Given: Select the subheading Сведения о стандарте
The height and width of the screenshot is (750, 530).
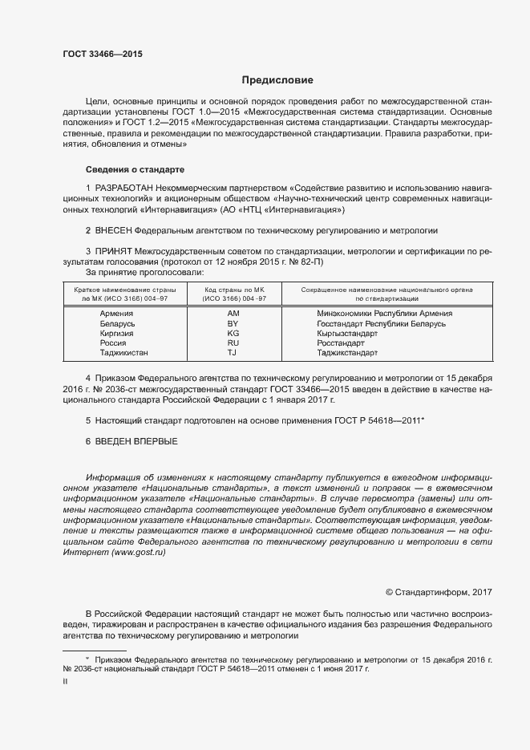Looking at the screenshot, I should point(135,170).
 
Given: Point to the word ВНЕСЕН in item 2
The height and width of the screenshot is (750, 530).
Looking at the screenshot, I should point(114,230).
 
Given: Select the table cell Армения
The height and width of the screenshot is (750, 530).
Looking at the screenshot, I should point(117,313).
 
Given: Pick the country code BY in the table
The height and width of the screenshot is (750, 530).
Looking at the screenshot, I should point(233,322).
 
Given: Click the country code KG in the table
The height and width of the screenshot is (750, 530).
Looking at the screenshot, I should point(233,332).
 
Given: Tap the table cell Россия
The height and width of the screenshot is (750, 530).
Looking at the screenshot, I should point(113,343).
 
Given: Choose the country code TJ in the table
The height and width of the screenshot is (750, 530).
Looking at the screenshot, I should point(233,352).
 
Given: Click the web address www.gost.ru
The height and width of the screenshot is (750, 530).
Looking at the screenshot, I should point(135,553).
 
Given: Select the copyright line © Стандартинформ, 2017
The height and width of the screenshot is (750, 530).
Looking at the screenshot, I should point(439,592).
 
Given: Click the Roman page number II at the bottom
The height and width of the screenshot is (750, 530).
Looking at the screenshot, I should point(65,680).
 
